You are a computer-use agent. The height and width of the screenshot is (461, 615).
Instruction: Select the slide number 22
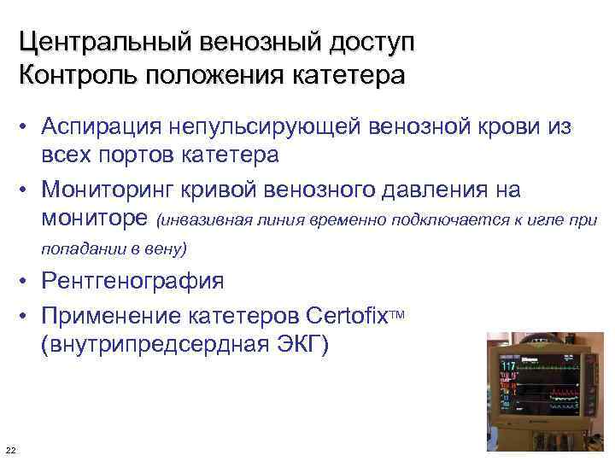9,451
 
